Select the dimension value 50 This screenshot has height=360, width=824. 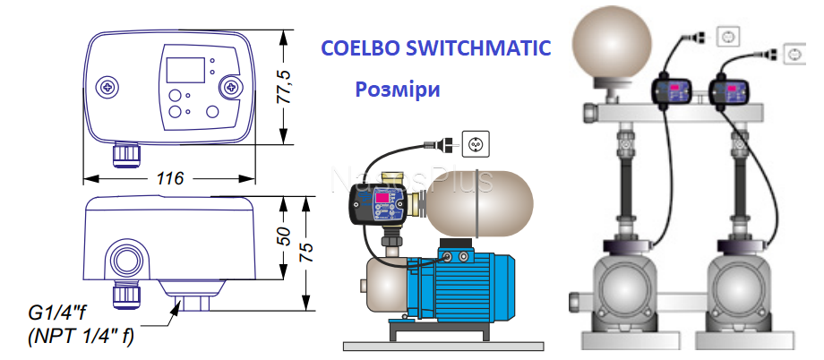click(284, 236)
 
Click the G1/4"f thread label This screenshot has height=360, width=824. click(62, 313)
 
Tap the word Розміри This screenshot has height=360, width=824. click(398, 90)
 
